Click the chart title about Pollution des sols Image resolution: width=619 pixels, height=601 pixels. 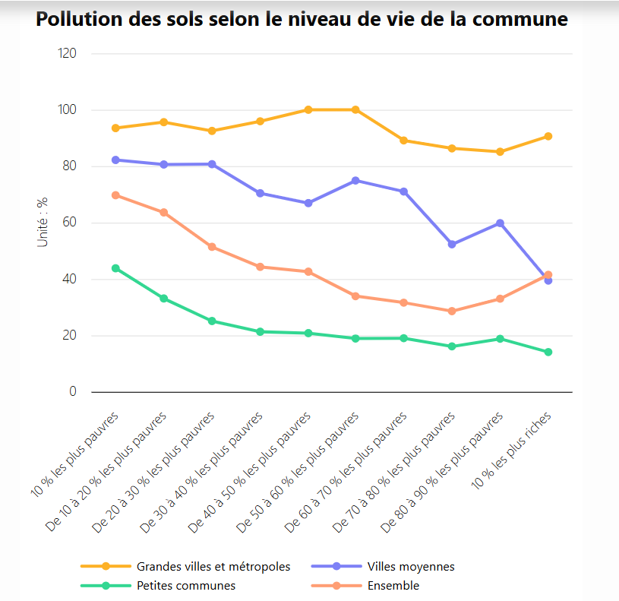[302, 20]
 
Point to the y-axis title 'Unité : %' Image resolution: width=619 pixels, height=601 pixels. [43, 222]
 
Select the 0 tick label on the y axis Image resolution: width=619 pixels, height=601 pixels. [73, 392]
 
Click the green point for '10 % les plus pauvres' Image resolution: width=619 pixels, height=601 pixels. [115, 268]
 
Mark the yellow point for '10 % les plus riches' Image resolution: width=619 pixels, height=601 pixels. [548, 137]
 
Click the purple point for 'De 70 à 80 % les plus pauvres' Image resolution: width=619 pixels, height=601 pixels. [452, 244]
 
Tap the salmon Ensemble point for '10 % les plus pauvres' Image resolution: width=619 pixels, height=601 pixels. [115, 195]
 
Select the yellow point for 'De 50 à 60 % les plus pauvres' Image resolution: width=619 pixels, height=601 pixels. [355, 110]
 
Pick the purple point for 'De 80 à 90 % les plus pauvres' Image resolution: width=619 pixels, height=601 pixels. [500, 223]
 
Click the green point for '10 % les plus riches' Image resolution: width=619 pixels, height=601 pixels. [548, 352]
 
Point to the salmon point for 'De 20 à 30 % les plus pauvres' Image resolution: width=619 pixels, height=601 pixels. [212, 247]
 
